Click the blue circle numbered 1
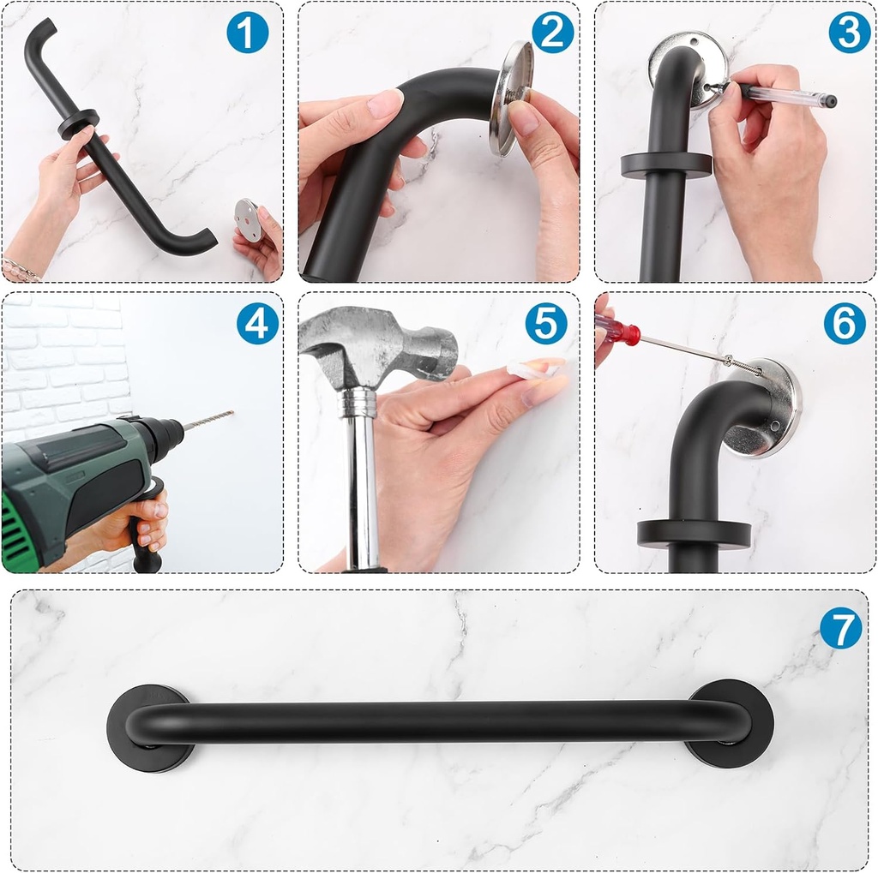tap(247, 33)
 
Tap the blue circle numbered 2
tap(552, 33)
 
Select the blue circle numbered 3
tap(849, 33)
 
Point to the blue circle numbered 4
tap(257, 324)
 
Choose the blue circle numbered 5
tap(546, 324)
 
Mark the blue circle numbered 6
tap(845, 324)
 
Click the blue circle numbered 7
tap(840, 628)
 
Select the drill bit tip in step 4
tap(230, 413)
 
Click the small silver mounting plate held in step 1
tap(249, 220)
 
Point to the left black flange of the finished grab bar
tap(147, 728)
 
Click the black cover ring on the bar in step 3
tap(666, 165)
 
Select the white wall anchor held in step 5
tap(533, 370)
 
